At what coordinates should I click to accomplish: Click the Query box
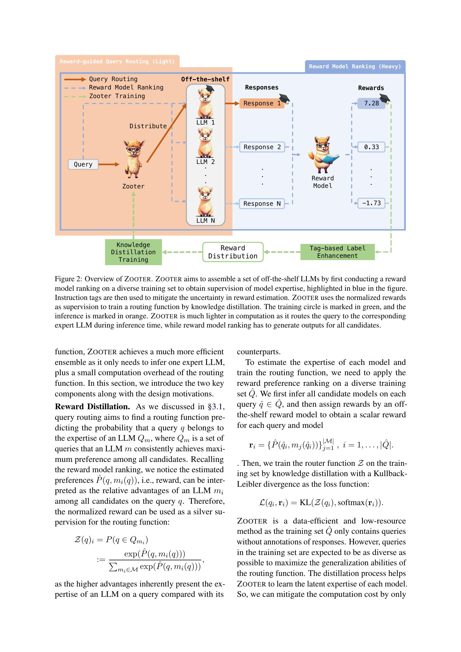83,164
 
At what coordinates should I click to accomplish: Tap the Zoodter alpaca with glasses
133,158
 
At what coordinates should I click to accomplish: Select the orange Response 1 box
262,103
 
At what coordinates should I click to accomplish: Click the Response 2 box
262,147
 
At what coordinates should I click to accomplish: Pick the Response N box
262,203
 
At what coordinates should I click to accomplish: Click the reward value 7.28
371,103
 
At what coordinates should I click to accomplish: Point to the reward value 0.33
371,147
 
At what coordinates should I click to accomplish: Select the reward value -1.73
371,203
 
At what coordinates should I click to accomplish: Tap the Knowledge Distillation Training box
133,252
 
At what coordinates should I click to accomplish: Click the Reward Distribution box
233,252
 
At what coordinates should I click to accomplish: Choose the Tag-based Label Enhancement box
337,252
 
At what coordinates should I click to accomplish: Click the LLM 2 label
205,162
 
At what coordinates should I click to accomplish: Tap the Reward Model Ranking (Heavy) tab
355,66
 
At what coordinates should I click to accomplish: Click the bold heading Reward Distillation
92,407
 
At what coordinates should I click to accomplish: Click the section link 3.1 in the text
217,407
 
